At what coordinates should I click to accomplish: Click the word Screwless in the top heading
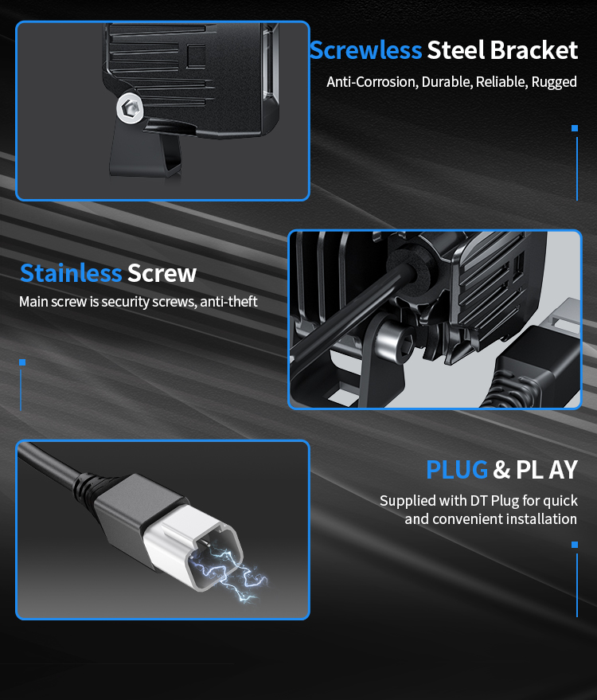coord(365,50)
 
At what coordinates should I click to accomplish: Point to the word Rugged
coord(554,83)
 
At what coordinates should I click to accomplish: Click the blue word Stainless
coord(71,273)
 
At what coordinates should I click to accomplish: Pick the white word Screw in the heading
coord(162,273)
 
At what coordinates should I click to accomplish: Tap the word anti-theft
coord(228,302)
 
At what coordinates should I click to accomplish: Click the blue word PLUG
coord(457,470)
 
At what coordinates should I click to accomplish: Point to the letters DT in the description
coord(478,501)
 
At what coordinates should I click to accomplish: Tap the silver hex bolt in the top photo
coord(130,108)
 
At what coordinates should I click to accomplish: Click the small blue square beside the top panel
coord(575,128)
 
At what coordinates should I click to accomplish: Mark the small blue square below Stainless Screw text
coord(22,362)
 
